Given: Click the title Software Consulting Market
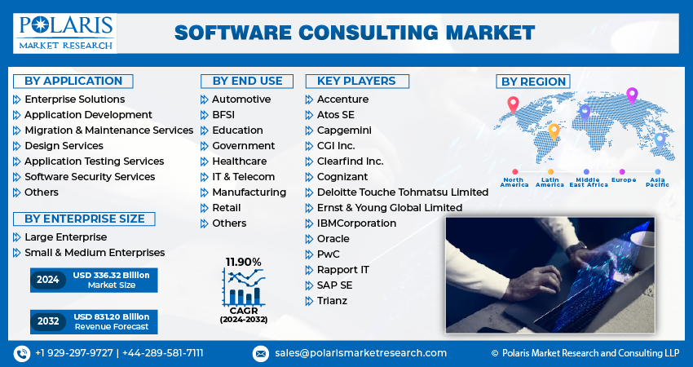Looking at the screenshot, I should coord(355,33).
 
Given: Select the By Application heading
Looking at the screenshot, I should coord(73,81).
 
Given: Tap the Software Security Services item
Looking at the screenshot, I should coord(90,176).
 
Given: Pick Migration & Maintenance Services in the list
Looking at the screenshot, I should coord(108,130).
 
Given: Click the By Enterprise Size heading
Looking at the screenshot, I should coord(84,219).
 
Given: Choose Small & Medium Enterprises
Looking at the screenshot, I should coord(95,253).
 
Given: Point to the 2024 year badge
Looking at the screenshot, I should coord(48,280).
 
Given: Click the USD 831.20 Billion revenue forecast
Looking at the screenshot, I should coord(111,321).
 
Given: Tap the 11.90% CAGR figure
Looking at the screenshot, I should coord(244,262).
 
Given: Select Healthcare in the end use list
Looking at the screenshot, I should coord(239,161).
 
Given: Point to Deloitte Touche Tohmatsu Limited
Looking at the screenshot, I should coord(403,192).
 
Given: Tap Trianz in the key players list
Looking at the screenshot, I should coord(332,300).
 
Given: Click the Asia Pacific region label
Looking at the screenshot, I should coord(657,182).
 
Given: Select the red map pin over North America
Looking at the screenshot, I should coord(513,104).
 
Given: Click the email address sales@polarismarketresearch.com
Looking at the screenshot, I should coord(360,353).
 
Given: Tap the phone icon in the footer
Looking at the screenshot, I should coord(22,353).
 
